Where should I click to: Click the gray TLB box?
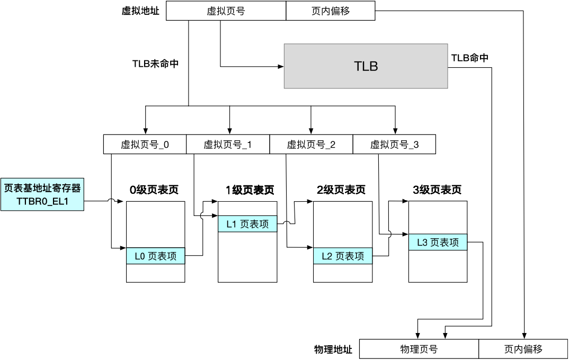pyautogui.click(x=366, y=66)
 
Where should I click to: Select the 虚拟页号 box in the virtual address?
pyautogui.click(x=226, y=11)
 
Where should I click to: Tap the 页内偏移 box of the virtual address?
pyautogui.click(x=331, y=11)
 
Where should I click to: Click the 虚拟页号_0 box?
pyautogui.click(x=145, y=145)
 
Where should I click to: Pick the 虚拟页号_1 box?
pyautogui.click(x=228, y=145)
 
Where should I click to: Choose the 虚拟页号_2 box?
pyautogui.click(x=311, y=145)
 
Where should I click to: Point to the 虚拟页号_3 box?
pyautogui.click(x=394, y=145)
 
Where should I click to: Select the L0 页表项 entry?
pyautogui.click(x=156, y=256)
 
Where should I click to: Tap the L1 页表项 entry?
pyautogui.click(x=247, y=224)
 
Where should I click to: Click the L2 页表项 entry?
pyautogui.click(x=343, y=256)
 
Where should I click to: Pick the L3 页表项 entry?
pyautogui.click(x=438, y=242)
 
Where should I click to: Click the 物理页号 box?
pyautogui.click(x=419, y=349)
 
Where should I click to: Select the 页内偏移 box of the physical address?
pyautogui.click(x=523, y=349)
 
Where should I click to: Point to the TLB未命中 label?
pyautogui.click(x=155, y=63)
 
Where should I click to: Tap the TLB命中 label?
pyautogui.click(x=469, y=58)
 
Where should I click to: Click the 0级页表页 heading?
pyautogui.click(x=154, y=190)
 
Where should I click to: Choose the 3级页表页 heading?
pyautogui.click(x=437, y=190)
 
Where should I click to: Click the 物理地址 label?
pyautogui.click(x=333, y=349)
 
